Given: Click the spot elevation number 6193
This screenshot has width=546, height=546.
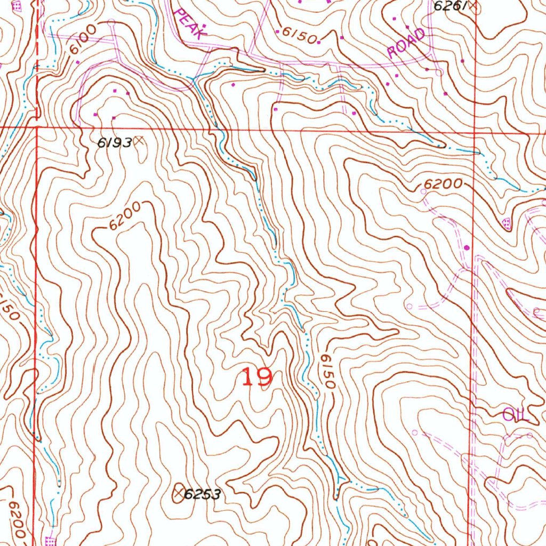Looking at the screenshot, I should pos(114,142).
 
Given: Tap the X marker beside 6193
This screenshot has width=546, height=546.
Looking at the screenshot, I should pos(139,141).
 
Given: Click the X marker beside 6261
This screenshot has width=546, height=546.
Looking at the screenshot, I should pos(472,6).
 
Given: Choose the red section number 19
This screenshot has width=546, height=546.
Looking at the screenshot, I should pos(258,378).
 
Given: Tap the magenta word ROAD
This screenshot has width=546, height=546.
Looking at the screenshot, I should pos(407,44).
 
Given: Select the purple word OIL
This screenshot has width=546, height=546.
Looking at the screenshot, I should pos(516,415).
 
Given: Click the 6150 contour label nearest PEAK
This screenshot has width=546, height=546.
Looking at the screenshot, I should pos(300,35).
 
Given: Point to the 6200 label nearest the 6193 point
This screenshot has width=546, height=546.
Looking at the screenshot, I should pos(126,216).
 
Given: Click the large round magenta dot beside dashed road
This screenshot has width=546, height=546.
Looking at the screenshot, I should pos(468,247).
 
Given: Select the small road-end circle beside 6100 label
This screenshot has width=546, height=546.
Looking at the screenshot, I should pos(111,22).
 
